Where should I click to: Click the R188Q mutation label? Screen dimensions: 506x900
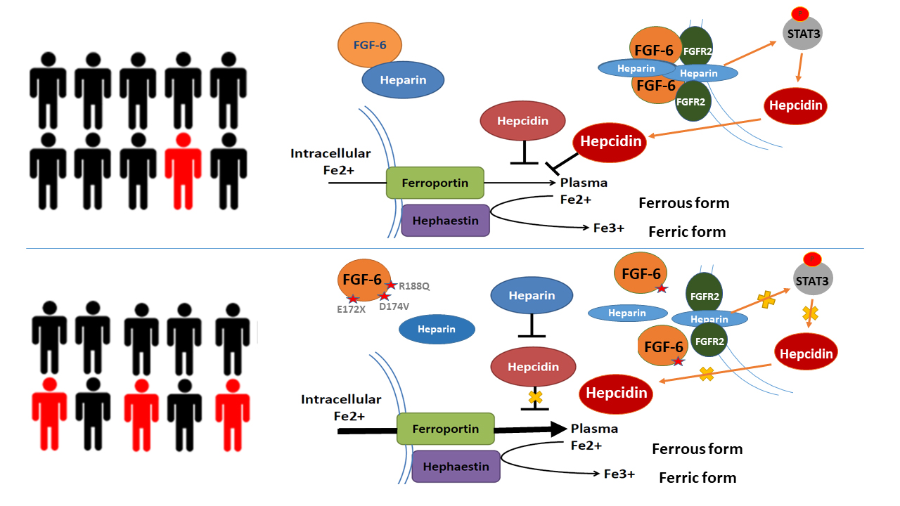coord(413,286)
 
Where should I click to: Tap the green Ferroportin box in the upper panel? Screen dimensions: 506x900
coord(435,183)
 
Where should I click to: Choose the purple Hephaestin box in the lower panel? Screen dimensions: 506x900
coord(456,466)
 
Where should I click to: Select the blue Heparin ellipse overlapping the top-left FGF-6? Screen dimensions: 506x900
coord(403,79)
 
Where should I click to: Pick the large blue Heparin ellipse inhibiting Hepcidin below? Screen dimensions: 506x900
coord(532,295)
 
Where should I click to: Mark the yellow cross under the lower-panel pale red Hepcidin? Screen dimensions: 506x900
coord(535,398)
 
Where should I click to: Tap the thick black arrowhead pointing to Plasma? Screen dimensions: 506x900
coord(558,429)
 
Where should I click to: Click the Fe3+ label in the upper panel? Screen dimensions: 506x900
coord(605,228)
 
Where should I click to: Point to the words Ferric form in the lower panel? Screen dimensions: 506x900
coord(697,478)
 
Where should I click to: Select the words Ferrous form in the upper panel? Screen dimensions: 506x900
coord(683,203)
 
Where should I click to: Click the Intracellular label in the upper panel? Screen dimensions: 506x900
coord(330,153)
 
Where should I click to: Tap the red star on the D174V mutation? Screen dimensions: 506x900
coord(385,297)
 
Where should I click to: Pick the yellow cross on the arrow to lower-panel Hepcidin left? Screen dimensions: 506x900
coord(707,373)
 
